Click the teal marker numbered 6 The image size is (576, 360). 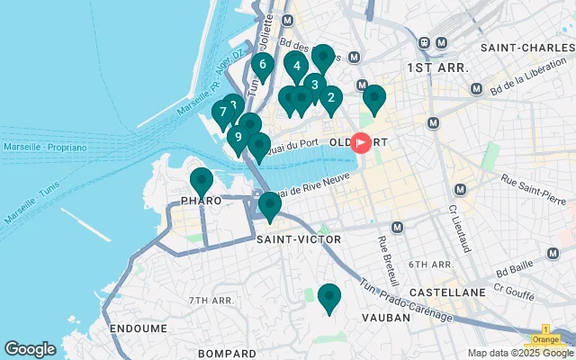point(262,65)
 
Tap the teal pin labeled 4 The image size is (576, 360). point(296,66)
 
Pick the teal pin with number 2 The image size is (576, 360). point(330,99)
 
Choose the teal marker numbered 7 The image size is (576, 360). point(221,112)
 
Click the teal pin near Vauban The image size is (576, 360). point(329,297)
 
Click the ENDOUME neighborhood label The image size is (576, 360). point(138,328)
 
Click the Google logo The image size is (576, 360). point(30,348)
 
